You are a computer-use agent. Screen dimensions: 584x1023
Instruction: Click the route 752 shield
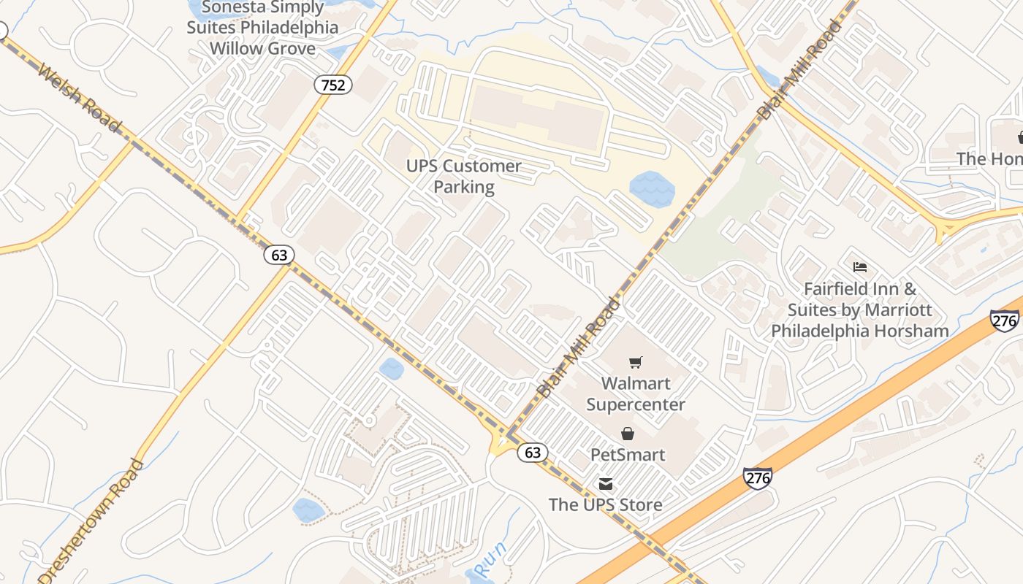click(x=333, y=85)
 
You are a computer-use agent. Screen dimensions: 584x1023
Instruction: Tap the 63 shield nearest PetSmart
click(x=533, y=453)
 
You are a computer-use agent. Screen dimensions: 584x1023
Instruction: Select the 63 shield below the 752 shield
click(x=278, y=255)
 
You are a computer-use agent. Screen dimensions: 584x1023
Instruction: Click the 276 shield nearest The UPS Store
click(x=758, y=478)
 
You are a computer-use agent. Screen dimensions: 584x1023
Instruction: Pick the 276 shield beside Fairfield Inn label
click(x=1005, y=320)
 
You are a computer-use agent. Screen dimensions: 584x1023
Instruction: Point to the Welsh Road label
click(x=79, y=99)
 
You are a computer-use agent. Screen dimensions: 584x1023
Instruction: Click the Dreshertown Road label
click(x=91, y=520)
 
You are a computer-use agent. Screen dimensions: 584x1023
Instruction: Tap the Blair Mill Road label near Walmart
click(x=578, y=347)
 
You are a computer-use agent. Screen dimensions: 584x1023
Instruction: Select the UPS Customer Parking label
click(x=464, y=176)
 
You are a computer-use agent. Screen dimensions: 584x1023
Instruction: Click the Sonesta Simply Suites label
click(x=262, y=28)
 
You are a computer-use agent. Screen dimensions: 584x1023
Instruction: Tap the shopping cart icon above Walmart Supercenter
click(x=636, y=362)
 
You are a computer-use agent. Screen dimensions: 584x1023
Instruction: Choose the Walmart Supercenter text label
click(x=636, y=393)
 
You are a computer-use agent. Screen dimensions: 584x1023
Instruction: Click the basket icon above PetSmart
click(x=628, y=434)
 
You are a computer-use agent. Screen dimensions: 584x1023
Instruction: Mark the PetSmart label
click(x=628, y=455)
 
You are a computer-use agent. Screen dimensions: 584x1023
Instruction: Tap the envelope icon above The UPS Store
click(x=606, y=483)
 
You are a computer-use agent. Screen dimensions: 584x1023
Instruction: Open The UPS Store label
click(x=606, y=504)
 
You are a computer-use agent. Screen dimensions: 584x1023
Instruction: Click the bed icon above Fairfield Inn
click(x=860, y=267)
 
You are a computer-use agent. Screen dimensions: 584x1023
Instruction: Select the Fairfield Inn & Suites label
click(x=860, y=310)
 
